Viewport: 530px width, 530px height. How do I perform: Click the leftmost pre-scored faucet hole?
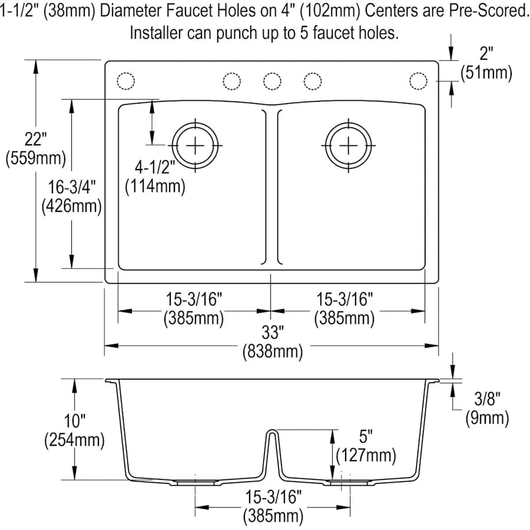pyautogui.click(x=127, y=81)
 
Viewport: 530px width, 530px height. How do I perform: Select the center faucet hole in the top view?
pyautogui.click(x=271, y=81)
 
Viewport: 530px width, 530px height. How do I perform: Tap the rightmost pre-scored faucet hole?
pyautogui.click(x=418, y=81)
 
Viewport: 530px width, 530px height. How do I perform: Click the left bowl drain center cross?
pyautogui.click(x=194, y=145)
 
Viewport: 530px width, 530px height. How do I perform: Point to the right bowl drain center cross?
pyautogui.click(x=349, y=145)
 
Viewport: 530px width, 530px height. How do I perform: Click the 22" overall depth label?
pyautogui.click(x=35, y=140)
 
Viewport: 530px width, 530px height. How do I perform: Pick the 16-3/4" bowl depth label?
pyautogui.click(x=71, y=187)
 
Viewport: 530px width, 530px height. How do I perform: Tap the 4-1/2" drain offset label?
pyautogui.click(x=155, y=168)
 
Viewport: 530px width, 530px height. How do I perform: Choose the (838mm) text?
pyautogui.click(x=273, y=352)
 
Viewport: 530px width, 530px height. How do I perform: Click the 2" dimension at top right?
pyautogui.click(x=486, y=55)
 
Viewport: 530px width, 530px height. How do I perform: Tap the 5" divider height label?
pyautogui.click(x=366, y=437)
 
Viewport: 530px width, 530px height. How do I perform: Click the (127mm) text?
pyautogui.click(x=366, y=455)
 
